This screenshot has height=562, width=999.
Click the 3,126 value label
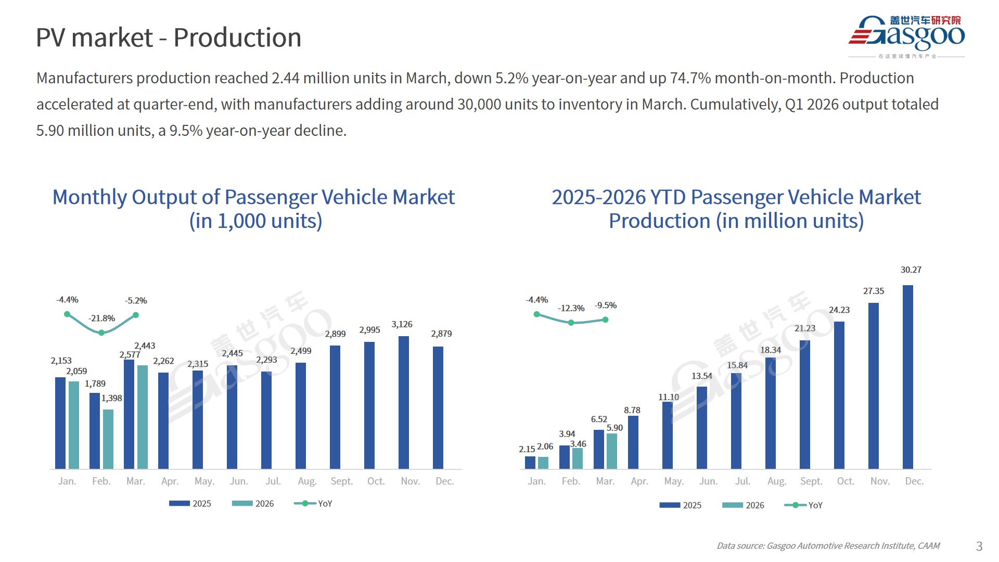coord(402,324)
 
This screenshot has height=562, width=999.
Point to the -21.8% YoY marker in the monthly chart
coord(101,333)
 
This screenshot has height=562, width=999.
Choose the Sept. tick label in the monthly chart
coord(341,481)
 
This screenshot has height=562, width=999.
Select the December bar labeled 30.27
coord(907,377)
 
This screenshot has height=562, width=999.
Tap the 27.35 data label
coord(873,291)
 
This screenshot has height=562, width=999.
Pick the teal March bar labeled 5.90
coord(612,451)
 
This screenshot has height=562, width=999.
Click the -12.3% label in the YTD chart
coord(571,309)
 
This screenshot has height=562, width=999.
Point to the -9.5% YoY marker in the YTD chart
coord(605,320)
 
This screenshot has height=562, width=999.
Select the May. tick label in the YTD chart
coord(673,481)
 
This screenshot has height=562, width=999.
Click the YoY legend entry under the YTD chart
coord(804,505)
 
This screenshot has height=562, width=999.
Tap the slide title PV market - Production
coord(169,38)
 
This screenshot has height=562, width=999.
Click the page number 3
coord(979,546)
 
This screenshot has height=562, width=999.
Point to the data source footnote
coord(828,546)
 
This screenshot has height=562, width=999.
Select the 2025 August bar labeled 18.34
coord(770,413)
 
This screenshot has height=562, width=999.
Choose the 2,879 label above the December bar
coord(441,334)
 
